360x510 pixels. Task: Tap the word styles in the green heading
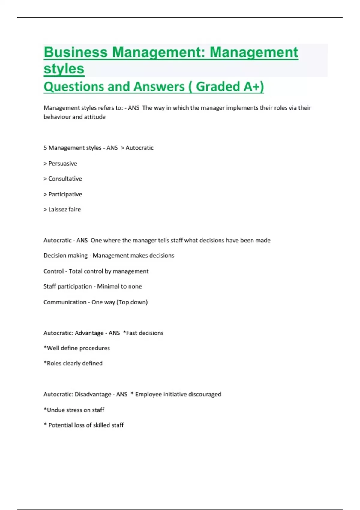pos(64,69)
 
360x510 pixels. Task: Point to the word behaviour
pos(57,117)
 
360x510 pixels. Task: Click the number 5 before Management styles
pos(45,148)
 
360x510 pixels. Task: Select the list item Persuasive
pos(62,163)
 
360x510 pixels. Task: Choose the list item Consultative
pos(65,179)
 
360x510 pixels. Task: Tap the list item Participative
pos(65,194)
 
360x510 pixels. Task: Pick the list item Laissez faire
pos(64,210)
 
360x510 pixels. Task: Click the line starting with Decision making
pos(109,256)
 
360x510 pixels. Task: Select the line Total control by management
pos(108,271)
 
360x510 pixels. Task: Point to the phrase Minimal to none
pos(119,286)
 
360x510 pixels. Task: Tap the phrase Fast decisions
pos(145,333)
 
